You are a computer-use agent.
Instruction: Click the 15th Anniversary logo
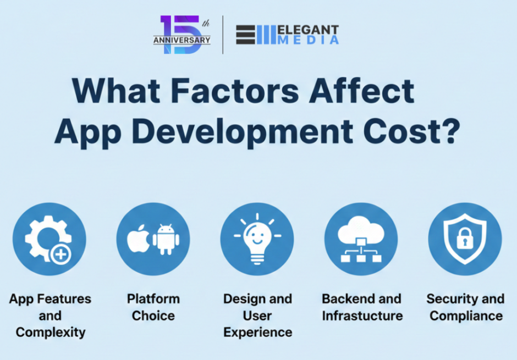coord(182,35)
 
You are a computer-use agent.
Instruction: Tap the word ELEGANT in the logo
coord(309,30)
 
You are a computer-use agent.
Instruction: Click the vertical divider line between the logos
coord(223,35)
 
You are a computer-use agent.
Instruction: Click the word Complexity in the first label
coord(50,332)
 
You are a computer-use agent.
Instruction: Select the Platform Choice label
coord(153,307)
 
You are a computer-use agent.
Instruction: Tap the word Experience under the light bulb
coord(257,332)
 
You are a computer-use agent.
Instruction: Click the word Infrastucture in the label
coord(362,315)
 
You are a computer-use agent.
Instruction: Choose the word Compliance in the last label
coord(465,315)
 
